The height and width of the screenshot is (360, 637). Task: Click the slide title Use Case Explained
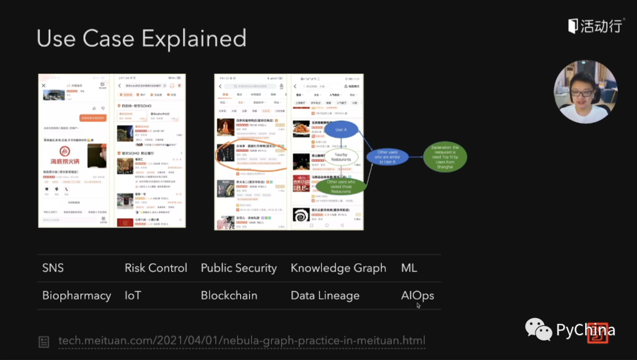[x=142, y=38]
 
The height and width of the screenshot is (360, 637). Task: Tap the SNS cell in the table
[x=53, y=268]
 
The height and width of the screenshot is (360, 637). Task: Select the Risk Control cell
[x=156, y=268]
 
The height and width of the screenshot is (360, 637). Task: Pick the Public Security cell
[x=238, y=268]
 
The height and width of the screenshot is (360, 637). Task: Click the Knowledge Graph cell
[x=338, y=268]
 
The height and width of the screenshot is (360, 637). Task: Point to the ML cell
[x=409, y=268]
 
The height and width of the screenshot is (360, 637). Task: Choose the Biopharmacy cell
[x=77, y=296]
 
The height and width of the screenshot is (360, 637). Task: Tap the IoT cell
[x=133, y=296]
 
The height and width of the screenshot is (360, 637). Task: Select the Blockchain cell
[x=229, y=296]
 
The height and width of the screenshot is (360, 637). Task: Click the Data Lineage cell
[x=325, y=296]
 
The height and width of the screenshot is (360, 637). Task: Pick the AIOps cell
[x=418, y=296]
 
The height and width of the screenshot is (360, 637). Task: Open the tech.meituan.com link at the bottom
[x=242, y=341]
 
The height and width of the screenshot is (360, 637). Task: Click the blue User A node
[x=340, y=129]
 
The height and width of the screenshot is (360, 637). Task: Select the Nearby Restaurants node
[x=342, y=156]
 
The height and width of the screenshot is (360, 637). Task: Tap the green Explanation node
[x=445, y=157]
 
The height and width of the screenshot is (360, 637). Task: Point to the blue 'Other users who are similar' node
[x=387, y=157]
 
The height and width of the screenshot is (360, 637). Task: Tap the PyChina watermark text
[x=585, y=330]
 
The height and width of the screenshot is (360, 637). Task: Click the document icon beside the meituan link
[x=44, y=342]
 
